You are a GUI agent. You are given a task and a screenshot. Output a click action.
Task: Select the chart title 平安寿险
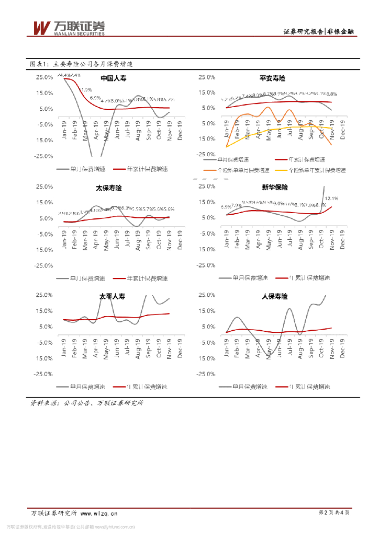click(x=272, y=78)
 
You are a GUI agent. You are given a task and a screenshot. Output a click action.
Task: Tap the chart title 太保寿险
click(x=109, y=187)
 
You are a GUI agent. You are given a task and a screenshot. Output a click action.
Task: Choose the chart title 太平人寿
click(x=113, y=296)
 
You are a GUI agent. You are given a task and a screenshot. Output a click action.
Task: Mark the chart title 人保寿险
click(x=275, y=296)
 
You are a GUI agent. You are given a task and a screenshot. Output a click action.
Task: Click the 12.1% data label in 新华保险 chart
click(x=331, y=199)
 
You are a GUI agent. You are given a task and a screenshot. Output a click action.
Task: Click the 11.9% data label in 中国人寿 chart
click(x=85, y=90)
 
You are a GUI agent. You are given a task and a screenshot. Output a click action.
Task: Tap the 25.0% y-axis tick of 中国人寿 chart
click(x=44, y=77)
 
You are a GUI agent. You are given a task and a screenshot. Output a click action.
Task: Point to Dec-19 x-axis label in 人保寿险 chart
click(x=342, y=347)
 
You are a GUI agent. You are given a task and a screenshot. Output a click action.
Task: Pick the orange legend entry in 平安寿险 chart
click(x=239, y=170)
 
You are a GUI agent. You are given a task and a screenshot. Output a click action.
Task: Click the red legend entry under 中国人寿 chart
click(x=140, y=169)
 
